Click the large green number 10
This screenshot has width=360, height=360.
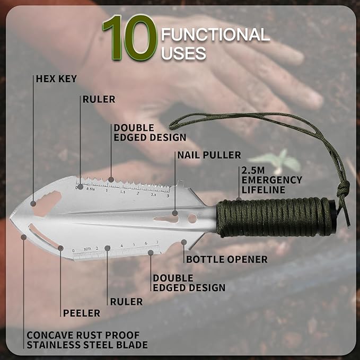click(130, 38)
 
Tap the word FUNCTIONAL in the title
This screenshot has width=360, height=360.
click(215, 34)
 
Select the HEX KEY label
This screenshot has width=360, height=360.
click(56, 79)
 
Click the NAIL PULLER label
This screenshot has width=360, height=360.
click(209, 155)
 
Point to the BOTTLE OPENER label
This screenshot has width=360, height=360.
click(227, 259)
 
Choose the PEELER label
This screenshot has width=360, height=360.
click(82, 313)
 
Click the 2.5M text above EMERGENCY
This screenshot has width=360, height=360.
click(253, 170)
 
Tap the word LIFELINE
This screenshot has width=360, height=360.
click(264, 190)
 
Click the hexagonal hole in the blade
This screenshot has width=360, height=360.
click(47, 204)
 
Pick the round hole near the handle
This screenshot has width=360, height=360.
click(192, 218)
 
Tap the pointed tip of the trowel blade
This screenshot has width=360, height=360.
click(10, 218)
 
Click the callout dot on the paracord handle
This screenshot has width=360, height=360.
click(239, 199)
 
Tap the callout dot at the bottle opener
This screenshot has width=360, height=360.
click(183, 242)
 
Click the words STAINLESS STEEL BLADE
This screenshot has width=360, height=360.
click(87, 345)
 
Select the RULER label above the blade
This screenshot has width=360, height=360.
click(99, 99)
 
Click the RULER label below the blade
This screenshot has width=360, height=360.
click(127, 302)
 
